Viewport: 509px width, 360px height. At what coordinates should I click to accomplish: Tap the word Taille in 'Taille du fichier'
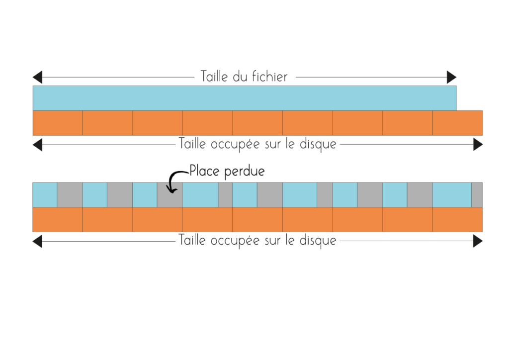pos(214,76)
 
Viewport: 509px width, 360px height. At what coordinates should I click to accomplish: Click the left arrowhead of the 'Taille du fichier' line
pos(37,77)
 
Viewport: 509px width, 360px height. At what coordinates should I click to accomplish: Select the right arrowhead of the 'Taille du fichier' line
pos(451,77)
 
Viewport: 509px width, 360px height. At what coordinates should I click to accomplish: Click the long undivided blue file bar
pos(245,98)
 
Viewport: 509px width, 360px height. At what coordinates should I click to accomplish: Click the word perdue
pos(245,172)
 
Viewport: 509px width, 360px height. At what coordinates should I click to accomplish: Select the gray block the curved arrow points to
pos(170,195)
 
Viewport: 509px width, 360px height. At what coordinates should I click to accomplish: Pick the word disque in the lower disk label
pos(318,241)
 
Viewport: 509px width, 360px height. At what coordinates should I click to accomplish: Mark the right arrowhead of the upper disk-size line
pos(478,145)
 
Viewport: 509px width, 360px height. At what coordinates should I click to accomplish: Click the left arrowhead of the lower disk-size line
pos(37,241)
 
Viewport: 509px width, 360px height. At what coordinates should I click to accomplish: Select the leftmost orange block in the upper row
pos(58,123)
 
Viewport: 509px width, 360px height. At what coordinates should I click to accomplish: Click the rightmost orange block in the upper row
pos(458,123)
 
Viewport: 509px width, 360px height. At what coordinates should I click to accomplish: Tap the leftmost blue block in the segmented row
pos(45,195)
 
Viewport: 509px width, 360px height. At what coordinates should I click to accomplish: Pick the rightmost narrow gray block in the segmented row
pos(477,195)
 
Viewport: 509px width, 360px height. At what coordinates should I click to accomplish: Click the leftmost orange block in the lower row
pos(58,219)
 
